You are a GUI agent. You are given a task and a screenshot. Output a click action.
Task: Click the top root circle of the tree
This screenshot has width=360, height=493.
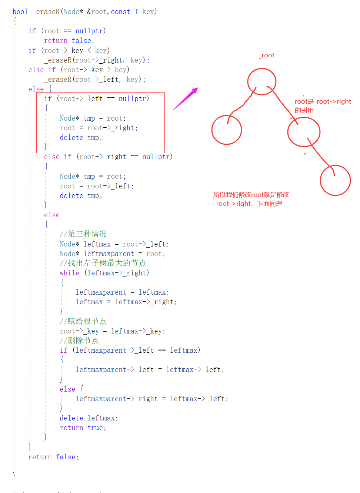[x=262, y=81]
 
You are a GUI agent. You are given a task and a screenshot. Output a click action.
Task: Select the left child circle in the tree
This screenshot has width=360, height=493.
[x=227, y=130]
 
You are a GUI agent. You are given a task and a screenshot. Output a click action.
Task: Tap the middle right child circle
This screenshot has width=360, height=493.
[x=304, y=132]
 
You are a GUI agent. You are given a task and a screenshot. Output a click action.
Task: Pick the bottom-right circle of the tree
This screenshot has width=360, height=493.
[x=335, y=180]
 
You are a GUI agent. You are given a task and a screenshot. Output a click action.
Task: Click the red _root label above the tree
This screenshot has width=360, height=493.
[x=267, y=56]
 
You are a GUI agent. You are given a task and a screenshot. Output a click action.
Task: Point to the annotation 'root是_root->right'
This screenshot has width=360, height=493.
[x=323, y=101]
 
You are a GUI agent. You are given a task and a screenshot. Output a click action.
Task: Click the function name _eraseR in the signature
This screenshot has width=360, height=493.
[x=46, y=12]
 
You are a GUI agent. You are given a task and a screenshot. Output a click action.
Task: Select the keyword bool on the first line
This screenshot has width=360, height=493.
[x=20, y=12]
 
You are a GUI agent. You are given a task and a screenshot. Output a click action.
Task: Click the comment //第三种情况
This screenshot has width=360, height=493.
[x=83, y=234]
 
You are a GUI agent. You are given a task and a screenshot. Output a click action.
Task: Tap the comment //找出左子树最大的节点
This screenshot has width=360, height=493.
[x=103, y=263]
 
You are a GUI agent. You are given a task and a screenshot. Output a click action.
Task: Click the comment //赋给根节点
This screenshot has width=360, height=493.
[x=83, y=321]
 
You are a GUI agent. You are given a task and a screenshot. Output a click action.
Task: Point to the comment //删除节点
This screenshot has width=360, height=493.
[x=79, y=341]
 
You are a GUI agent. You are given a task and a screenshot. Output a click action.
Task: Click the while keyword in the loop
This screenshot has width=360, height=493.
[x=69, y=273]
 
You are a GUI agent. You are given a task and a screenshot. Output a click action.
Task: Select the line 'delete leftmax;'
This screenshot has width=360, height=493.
[x=89, y=418]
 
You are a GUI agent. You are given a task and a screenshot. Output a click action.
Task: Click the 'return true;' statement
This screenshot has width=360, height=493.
[x=83, y=428]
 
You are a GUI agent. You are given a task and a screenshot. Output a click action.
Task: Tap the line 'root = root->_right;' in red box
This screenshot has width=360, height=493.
[x=99, y=128]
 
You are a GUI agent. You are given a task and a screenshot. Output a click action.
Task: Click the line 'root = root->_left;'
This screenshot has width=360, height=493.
[x=96, y=186]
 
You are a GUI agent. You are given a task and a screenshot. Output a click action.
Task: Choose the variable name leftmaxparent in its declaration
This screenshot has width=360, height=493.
[x=109, y=254]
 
